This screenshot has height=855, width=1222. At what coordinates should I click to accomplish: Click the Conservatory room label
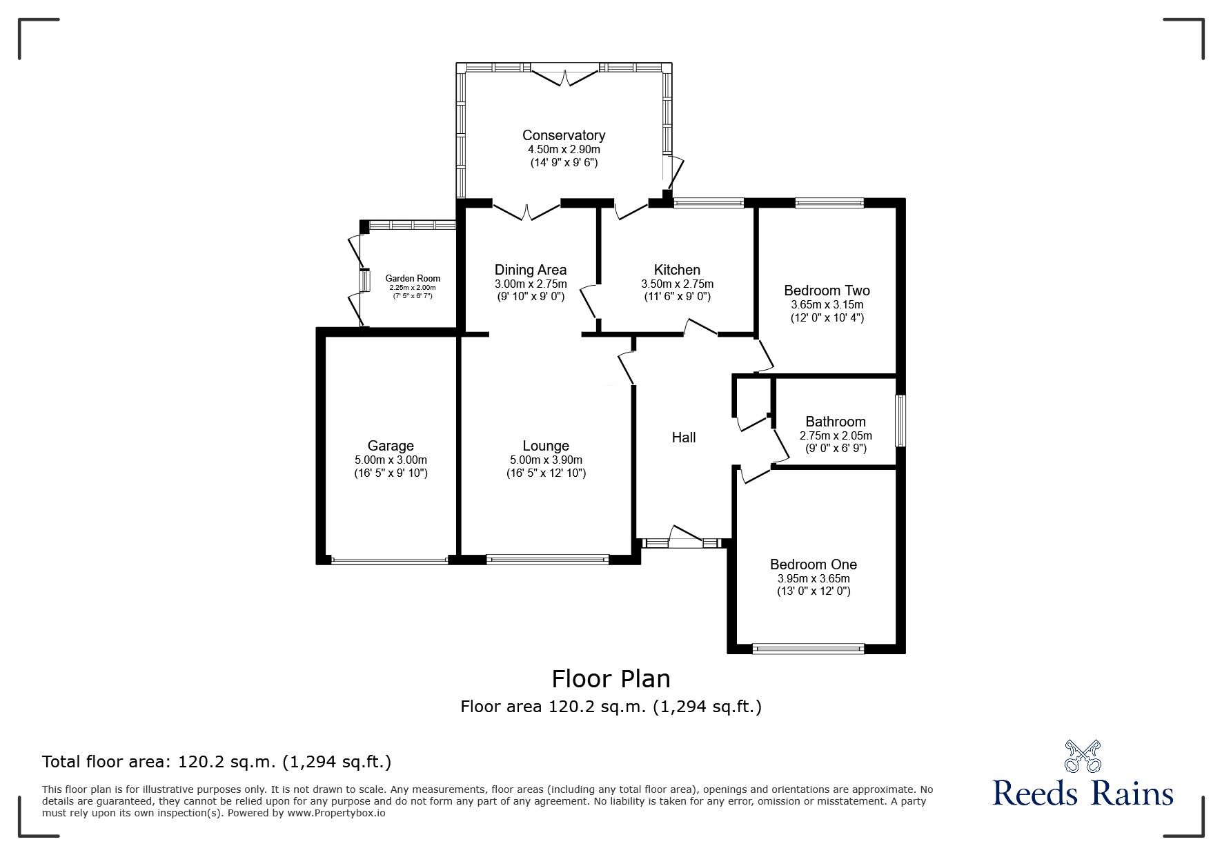point(564,135)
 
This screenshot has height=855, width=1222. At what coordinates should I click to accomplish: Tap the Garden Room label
point(413,279)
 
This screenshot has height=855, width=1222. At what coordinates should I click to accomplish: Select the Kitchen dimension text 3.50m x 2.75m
point(677,284)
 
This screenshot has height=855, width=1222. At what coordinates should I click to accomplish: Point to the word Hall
point(684,438)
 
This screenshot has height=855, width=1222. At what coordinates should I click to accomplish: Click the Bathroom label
point(836,422)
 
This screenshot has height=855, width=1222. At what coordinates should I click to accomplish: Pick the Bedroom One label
point(814,564)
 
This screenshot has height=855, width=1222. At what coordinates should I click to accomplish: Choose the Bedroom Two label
point(827,291)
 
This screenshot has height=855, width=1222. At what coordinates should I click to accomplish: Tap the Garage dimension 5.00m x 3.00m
point(391,460)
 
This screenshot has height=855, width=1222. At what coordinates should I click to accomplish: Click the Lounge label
point(546,446)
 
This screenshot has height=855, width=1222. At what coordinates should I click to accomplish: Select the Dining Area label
point(531,270)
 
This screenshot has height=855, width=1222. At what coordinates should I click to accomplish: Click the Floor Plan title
point(611,679)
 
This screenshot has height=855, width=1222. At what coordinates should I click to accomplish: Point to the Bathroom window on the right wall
point(900,420)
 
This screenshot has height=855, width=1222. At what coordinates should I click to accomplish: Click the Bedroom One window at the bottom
point(807,648)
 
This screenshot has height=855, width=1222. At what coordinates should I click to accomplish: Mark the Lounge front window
point(548,559)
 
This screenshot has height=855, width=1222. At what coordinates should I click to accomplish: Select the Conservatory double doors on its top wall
point(565,75)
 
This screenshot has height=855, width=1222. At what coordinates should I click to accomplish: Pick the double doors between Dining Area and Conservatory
point(526,210)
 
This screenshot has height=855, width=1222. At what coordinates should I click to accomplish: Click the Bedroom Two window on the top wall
point(829,203)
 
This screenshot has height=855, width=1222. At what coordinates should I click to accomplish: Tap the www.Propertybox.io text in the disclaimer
point(337,813)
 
